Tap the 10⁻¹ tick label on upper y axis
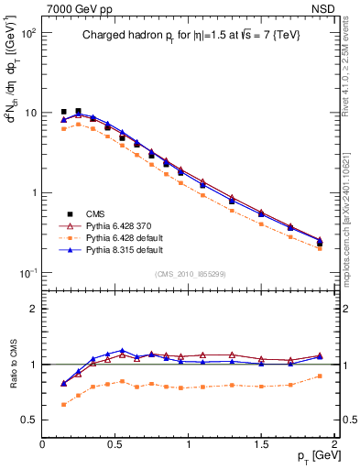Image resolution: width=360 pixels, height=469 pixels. [x=27, y=274]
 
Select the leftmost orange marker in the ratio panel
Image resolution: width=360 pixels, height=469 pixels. [x=63, y=404]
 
